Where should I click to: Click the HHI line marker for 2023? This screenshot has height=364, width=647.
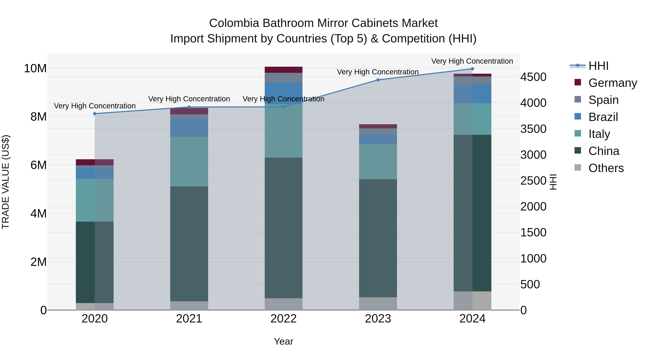coord(378,80)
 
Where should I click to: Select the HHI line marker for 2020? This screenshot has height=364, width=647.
coord(95,114)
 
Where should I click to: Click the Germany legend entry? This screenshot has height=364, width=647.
coord(612,83)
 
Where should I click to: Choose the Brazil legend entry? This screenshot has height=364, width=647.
coord(603,117)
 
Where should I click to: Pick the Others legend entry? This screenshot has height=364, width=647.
coord(606,168)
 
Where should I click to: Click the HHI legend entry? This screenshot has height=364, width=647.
coord(598,66)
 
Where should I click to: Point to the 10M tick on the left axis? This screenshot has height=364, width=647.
coord(35,68)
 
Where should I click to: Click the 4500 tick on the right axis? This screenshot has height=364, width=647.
coord(533,77)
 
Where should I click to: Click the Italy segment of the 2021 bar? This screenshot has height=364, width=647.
coord(189,162)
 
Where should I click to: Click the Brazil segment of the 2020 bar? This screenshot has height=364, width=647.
coord(95,173)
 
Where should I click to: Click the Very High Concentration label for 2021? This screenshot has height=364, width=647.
coord(189,99)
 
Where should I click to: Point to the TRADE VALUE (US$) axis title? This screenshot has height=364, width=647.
coord(6,182)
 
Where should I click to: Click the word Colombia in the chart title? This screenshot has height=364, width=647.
coord(234,23)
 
